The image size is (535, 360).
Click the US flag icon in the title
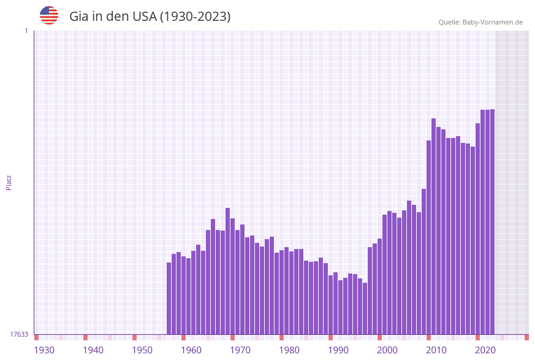pos(49,15)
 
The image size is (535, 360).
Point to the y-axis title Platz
pos(9,182)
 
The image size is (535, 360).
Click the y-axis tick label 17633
pos(19,334)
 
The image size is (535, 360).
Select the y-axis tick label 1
pos(26,31)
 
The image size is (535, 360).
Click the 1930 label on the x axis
pos(44,350)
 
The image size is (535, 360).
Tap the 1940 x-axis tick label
pos(93,350)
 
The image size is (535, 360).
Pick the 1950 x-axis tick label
pos(142,350)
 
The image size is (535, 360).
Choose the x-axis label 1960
pos(191,350)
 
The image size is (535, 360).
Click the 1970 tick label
pos(240,350)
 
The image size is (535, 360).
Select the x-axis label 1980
pos(289,350)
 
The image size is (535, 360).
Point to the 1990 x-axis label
pos(338,350)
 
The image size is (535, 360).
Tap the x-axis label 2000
pos(387,350)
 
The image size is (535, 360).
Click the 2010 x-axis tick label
pos(436,350)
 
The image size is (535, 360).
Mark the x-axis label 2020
pos(485,350)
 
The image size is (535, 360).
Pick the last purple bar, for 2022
pos(492,221)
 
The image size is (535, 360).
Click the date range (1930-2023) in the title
pos(195,17)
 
